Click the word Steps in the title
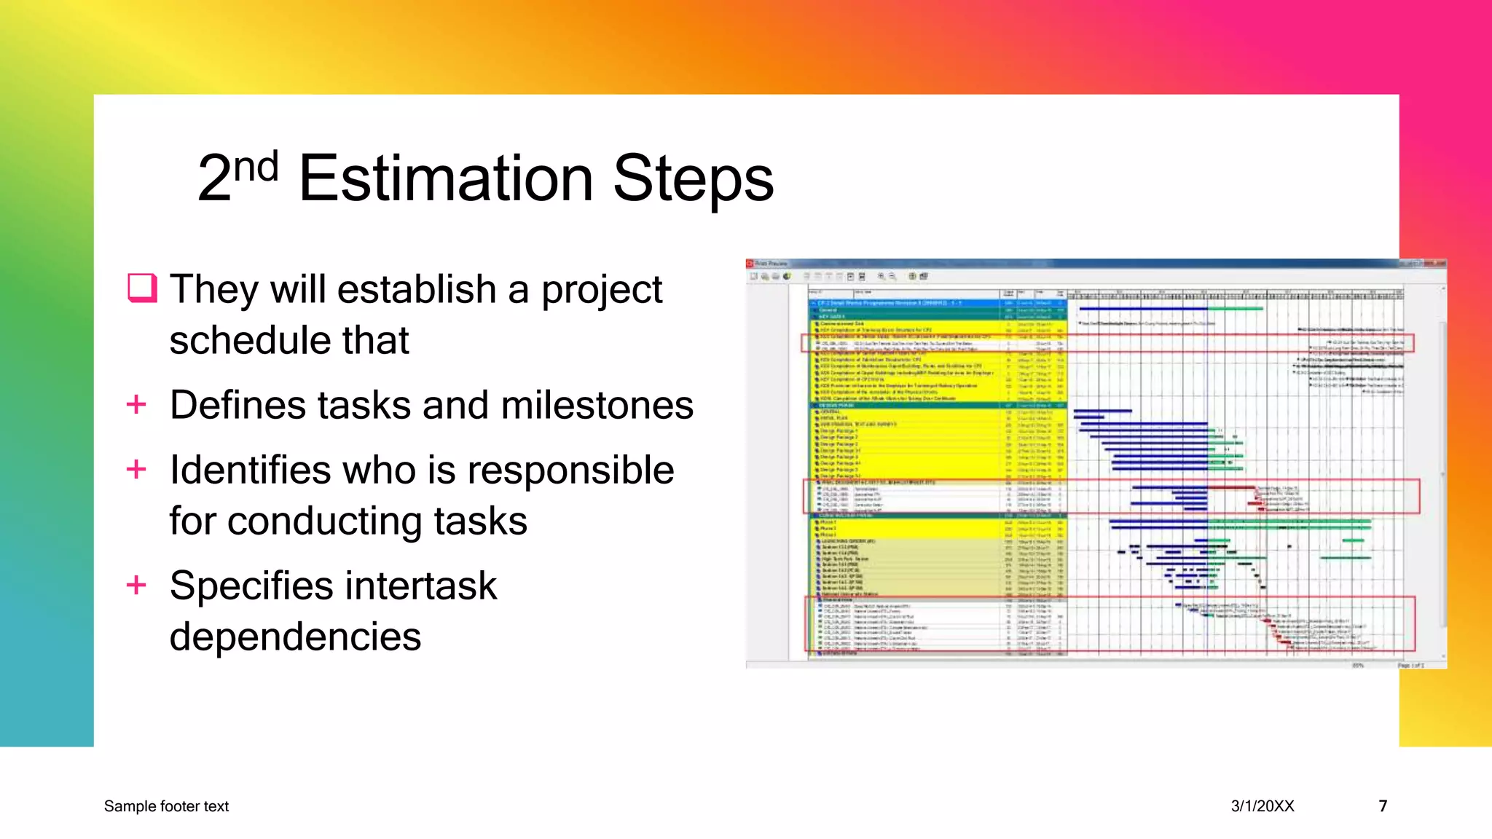(693, 180)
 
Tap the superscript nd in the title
(256, 167)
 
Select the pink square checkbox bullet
(142, 288)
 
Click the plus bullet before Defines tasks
(136, 404)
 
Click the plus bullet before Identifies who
(136, 469)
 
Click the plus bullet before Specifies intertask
(136, 585)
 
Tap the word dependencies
(295, 637)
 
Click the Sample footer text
(166, 806)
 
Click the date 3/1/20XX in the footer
(1263, 806)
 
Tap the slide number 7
(1383, 806)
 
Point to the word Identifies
(250, 470)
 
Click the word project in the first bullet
(601, 289)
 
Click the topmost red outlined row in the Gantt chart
(1107, 343)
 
